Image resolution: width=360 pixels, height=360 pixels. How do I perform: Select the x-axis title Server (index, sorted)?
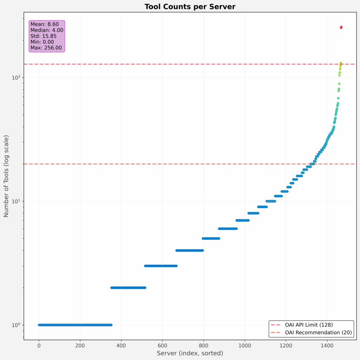point(190,353)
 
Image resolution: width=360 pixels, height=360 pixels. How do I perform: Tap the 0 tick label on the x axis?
point(39,345)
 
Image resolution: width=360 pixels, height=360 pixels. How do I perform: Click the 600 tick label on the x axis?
point(162,345)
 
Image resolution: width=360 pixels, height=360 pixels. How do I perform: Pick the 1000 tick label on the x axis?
point(244,345)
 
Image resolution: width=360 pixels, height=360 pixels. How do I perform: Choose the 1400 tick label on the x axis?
point(327,345)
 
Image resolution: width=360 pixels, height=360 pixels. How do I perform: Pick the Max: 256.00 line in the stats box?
point(46,48)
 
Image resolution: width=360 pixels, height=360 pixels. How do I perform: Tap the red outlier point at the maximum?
point(341,27)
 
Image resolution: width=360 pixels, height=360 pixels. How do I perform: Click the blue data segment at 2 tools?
point(128,288)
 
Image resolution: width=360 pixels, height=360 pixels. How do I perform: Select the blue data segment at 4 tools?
point(189,250)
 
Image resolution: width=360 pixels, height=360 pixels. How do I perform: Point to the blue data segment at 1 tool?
point(75,325)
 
